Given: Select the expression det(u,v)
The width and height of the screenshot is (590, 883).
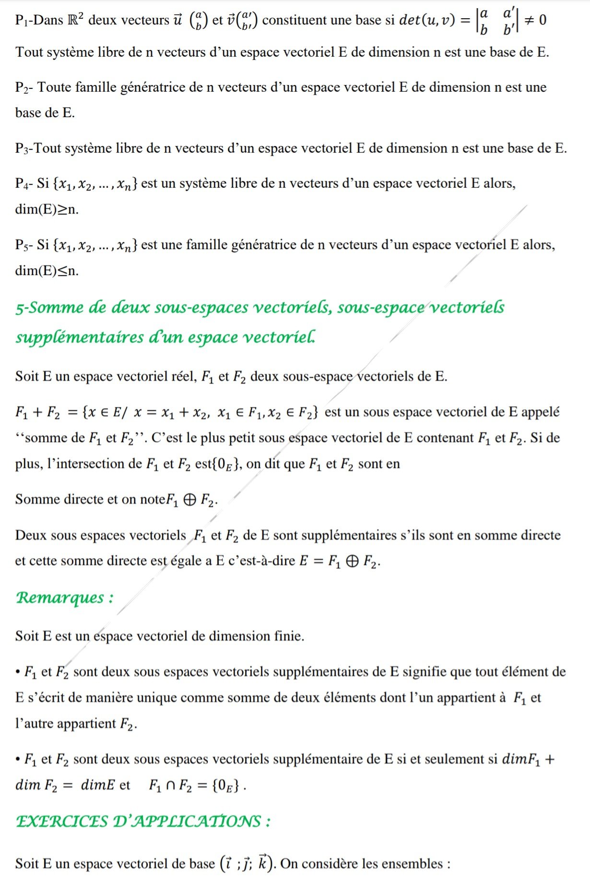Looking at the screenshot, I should click(x=427, y=20).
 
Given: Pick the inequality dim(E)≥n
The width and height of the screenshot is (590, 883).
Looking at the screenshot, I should click(x=47, y=210).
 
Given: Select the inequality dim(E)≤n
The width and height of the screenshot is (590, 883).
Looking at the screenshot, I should click(x=47, y=271).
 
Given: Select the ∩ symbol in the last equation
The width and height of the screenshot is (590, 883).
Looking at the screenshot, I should click(x=170, y=786).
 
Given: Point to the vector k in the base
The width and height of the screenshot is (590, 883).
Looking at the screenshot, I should click(x=262, y=863).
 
